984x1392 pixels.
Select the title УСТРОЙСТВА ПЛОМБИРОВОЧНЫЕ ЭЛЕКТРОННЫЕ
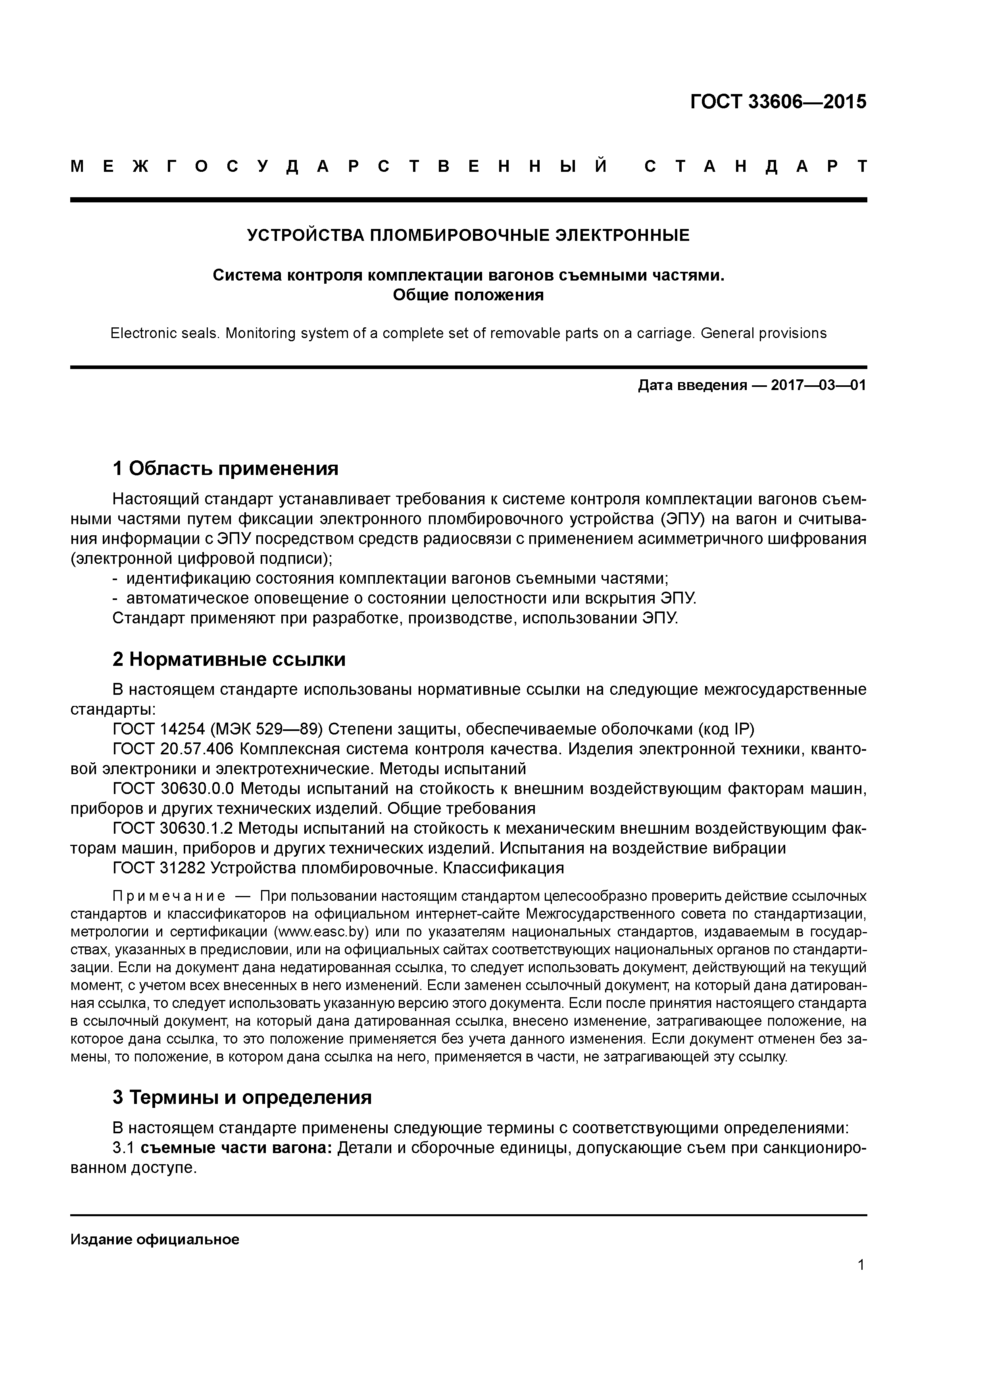coord(468,235)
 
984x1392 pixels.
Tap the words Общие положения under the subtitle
coord(468,295)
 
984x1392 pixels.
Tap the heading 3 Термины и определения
coord(242,1097)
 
